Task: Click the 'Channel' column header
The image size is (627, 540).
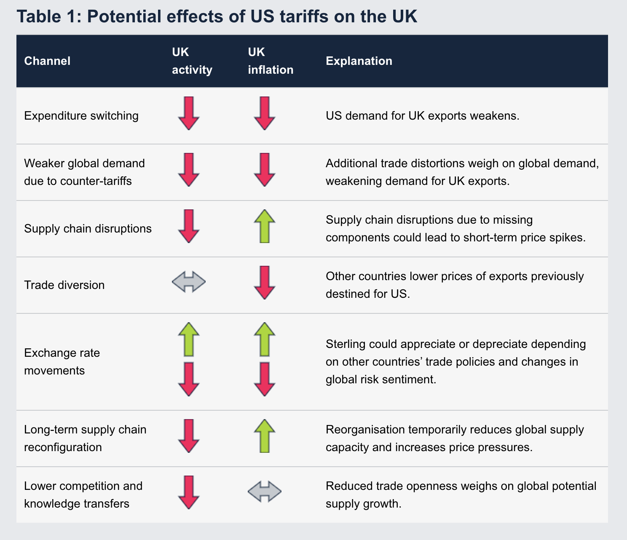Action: (47, 61)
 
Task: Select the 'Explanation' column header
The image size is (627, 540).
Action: (359, 61)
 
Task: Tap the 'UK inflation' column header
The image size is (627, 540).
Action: (271, 61)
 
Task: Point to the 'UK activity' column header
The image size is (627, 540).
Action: (192, 61)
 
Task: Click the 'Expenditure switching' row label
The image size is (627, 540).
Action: (81, 116)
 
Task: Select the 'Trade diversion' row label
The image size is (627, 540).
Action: (64, 285)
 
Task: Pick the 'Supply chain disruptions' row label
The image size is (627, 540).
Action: (88, 229)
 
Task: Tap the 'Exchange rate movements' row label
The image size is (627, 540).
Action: (62, 361)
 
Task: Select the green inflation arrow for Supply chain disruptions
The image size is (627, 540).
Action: (265, 226)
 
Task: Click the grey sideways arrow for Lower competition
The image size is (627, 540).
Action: (265, 491)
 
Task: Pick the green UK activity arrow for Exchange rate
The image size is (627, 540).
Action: (189, 340)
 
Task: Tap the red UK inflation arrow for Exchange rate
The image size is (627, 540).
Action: (265, 379)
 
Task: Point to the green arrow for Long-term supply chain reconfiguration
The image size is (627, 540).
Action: (265, 436)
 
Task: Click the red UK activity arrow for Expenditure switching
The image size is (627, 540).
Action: (189, 113)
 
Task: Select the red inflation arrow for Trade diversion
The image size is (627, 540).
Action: (265, 282)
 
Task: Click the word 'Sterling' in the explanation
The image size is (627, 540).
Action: (346, 344)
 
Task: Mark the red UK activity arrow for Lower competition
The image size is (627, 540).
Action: (189, 492)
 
